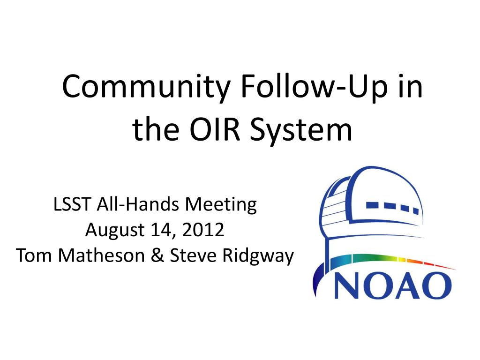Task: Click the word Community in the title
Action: pos(146,87)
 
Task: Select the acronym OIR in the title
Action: pos(215,129)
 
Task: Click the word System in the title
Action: pos(301,131)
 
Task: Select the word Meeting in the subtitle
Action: pos(221,205)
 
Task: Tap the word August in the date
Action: pos(115,231)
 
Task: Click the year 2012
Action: pos(203,230)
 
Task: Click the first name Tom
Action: pos(34,255)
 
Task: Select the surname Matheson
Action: pos(101,255)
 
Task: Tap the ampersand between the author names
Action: pos(157,255)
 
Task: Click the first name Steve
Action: pos(193,255)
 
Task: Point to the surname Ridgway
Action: pos(258,256)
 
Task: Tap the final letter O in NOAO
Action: pos(435,286)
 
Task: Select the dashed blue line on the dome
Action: pos(392,207)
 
